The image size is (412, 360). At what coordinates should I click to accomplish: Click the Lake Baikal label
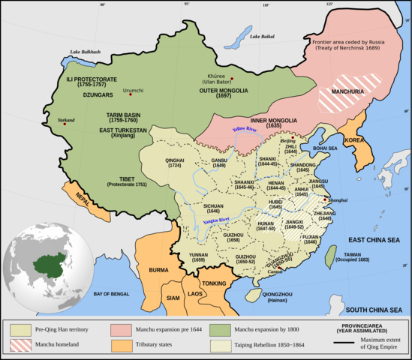pyautogui.click(x=264, y=37)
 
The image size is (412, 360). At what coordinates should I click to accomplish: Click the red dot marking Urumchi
pyautogui.click(x=131, y=94)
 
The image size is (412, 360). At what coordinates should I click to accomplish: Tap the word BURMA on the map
pyautogui.click(x=158, y=269)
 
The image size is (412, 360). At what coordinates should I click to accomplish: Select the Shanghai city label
pyautogui.click(x=338, y=200)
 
